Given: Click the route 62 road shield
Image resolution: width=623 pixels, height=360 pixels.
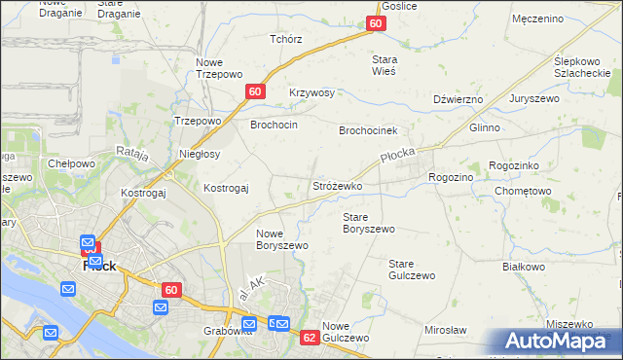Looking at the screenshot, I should pyautogui.click(x=310, y=337).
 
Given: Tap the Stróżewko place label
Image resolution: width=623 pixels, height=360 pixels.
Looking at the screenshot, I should pyautogui.click(x=337, y=185).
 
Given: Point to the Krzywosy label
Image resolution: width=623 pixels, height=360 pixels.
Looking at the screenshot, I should pyautogui.click(x=311, y=93).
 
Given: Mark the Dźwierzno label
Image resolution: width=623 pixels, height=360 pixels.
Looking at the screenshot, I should pyautogui.click(x=458, y=99).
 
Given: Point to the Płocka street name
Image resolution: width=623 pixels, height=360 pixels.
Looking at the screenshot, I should pyautogui.click(x=397, y=156).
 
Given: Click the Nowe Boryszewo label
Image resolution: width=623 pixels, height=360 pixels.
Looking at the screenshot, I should pyautogui.click(x=282, y=239).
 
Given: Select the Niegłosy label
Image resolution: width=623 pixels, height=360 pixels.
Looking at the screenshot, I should pyautogui.click(x=201, y=154).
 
